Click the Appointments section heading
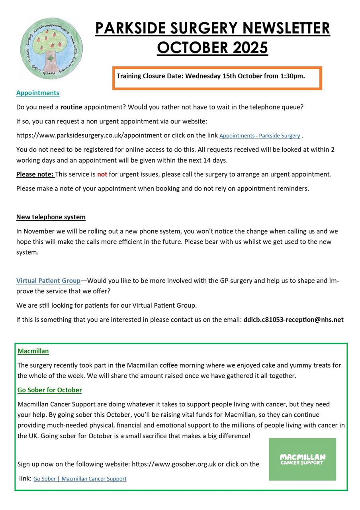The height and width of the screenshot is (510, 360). [37, 93]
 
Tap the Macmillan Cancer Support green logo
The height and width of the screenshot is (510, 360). [302, 459]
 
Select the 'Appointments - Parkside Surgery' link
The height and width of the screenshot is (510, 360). [260, 136]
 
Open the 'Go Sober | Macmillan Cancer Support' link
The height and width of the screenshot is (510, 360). [80, 479]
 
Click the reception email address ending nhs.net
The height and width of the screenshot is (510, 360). [293, 320]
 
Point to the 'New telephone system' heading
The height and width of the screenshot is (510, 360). [51, 217]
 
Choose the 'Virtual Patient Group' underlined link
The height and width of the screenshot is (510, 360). [48, 281]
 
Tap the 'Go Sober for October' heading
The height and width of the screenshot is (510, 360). [49, 390]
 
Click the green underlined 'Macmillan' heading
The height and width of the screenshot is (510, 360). [33, 351]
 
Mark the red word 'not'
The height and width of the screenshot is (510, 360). [102, 174]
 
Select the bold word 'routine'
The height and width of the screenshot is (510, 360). [71, 107]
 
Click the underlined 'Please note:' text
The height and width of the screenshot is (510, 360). [35, 174]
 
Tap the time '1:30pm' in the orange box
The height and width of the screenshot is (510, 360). [292, 76]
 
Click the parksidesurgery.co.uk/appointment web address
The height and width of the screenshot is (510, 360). [89, 135]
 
